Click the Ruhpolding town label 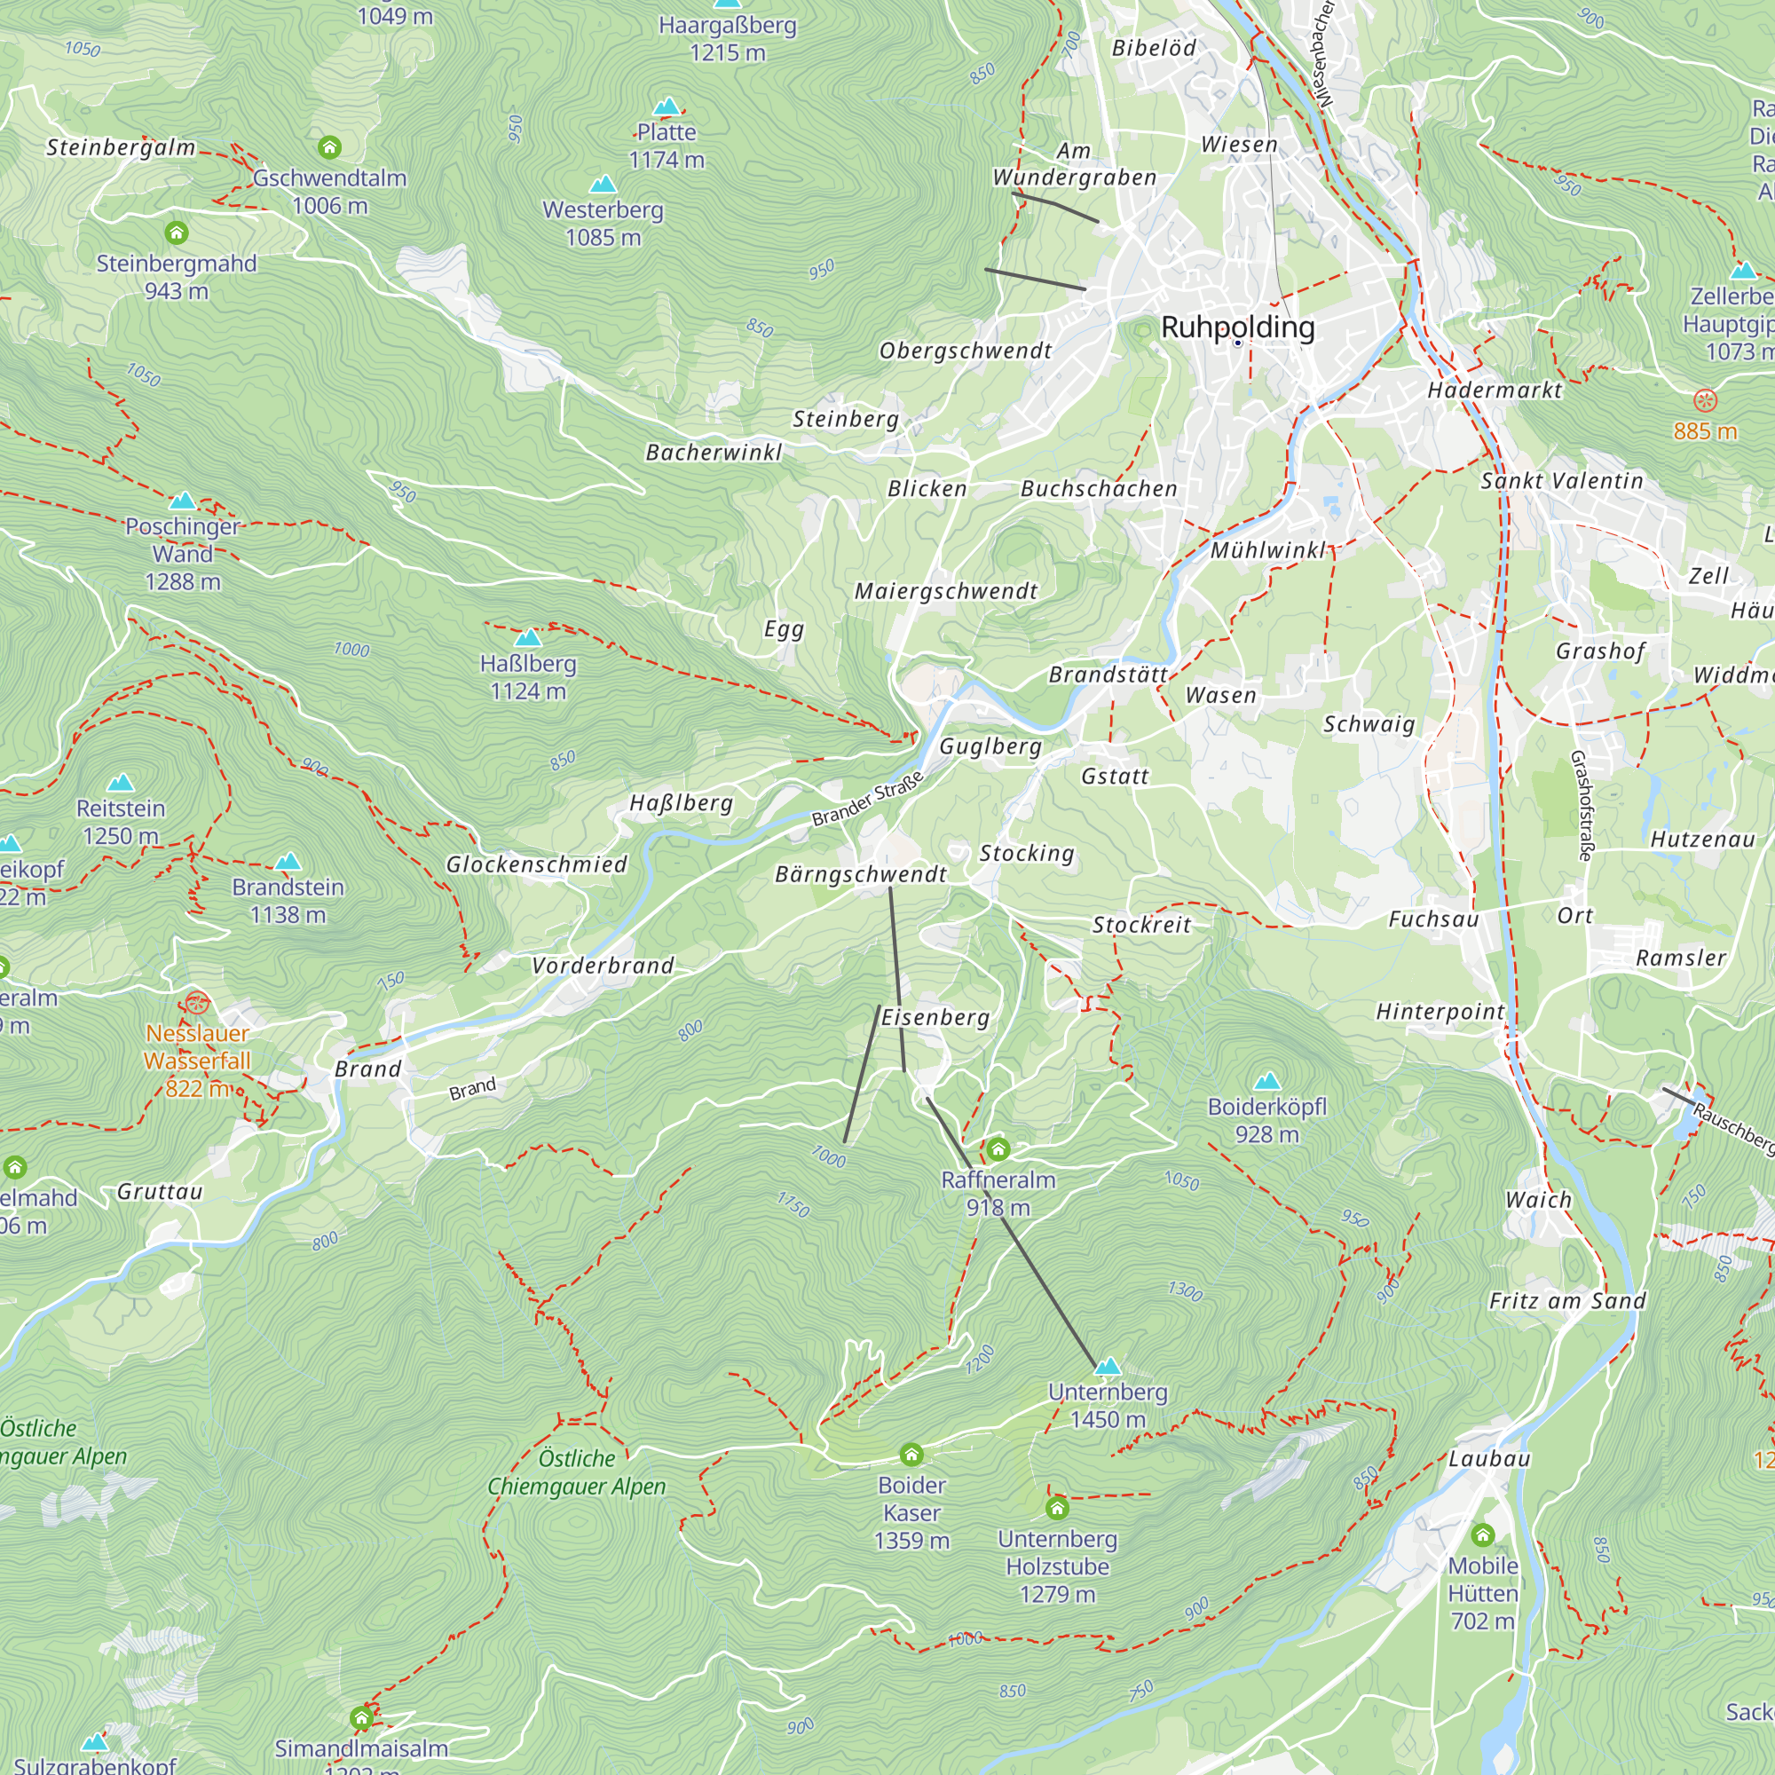[x=1236, y=327]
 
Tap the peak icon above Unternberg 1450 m [x=1108, y=1366]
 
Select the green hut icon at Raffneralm [x=998, y=1148]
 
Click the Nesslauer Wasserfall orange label [x=198, y=1046]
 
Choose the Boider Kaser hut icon [x=911, y=1454]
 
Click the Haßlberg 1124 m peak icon [x=528, y=636]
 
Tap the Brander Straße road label [x=867, y=799]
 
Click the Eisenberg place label [x=935, y=1017]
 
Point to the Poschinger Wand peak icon [x=183, y=501]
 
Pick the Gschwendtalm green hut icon [x=329, y=147]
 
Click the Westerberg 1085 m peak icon [x=603, y=185]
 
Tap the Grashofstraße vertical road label [x=1581, y=805]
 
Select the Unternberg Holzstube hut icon [x=1056, y=1508]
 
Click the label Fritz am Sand [x=1567, y=1300]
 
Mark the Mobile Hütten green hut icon [x=1482, y=1534]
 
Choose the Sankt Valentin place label [x=1561, y=480]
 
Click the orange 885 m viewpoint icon [x=1704, y=399]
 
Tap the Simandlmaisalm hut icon [x=361, y=1717]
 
